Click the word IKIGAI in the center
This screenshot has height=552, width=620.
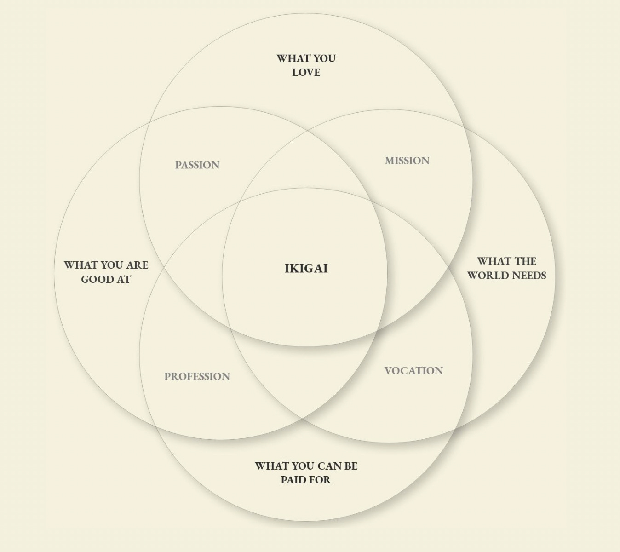(306, 268)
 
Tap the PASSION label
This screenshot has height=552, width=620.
(197, 165)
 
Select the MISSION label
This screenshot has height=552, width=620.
(407, 161)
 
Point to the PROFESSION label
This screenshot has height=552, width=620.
(197, 376)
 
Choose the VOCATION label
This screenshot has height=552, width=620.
(413, 371)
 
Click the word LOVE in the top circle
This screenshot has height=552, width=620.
(306, 72)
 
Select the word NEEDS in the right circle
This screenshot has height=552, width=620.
(528, 276)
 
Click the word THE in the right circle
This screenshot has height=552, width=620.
(525, 261)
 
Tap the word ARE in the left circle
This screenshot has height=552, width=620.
(137, 265)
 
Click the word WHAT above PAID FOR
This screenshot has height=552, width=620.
(271, 466)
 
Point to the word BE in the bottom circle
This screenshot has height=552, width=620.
(351, 466)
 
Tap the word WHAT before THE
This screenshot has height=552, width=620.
(493, 261)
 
